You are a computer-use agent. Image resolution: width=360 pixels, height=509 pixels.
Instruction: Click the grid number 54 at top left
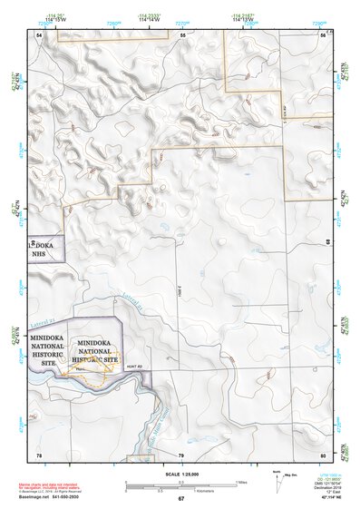(39, 34)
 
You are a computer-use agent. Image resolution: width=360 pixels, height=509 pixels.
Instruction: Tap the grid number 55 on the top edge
(182, 34)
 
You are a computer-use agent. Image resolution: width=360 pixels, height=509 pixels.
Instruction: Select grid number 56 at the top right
(323, 34)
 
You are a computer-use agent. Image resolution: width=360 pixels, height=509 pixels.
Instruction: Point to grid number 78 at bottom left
(39, 454)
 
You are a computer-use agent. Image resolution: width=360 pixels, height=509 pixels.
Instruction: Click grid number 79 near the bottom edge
(180, 454)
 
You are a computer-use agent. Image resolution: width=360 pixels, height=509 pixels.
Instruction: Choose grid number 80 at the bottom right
(323, 454)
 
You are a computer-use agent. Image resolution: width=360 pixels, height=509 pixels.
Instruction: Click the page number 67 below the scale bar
(180, 499)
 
